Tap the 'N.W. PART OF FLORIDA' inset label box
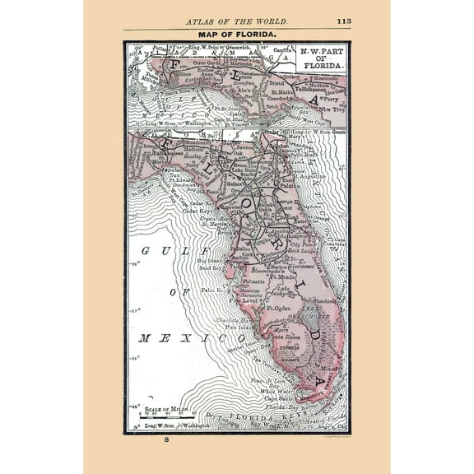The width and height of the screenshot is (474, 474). (x=319, y=58)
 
